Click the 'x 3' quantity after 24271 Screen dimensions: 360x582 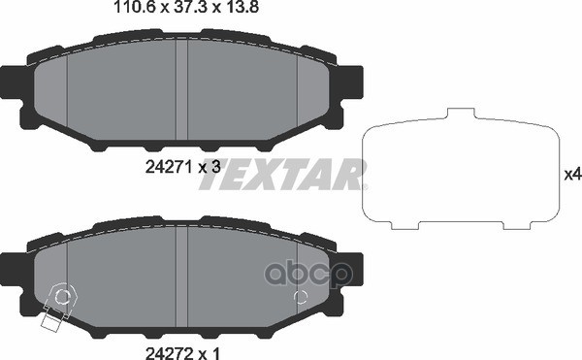tap(210, 166)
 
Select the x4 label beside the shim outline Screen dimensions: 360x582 tap(571, 175)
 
